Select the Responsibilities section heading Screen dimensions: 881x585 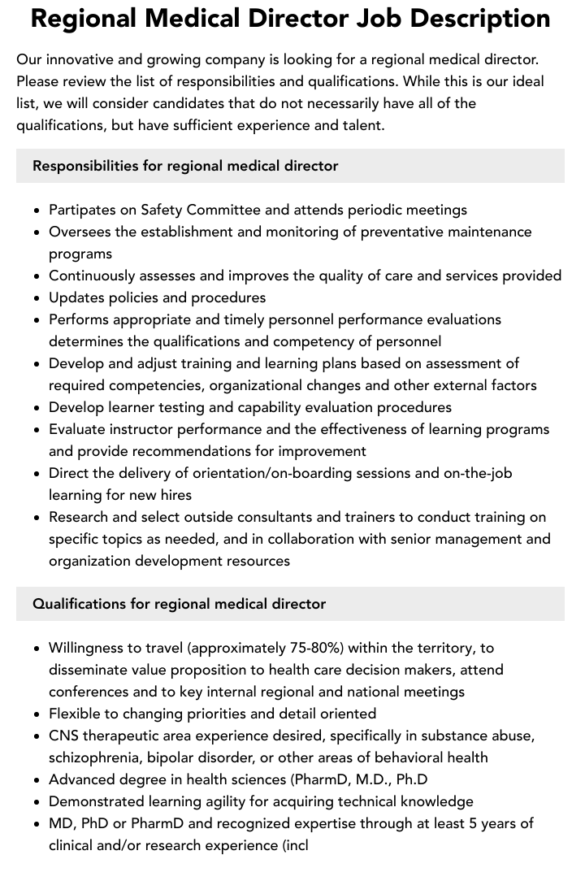(x=185, y=166)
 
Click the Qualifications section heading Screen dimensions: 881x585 (x=179, y=604)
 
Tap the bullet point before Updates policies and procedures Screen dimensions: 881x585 (x=37, y=298)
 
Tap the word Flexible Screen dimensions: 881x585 (x=76, y=714)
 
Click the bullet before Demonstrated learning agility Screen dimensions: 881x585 (x=37, y=802)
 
